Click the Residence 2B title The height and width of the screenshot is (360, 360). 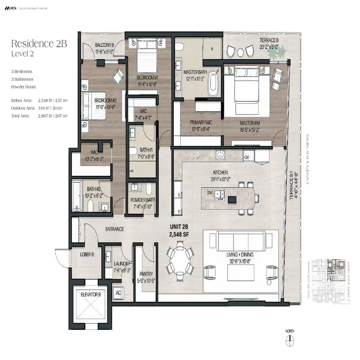(39, 44)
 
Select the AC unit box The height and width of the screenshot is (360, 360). (119, 292)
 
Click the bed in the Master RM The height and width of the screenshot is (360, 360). (243, 85)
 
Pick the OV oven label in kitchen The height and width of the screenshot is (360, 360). (247, 157)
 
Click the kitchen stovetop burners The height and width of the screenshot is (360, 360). (221, 155)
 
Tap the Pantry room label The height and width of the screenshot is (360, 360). (146, 277)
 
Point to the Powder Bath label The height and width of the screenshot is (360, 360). (143, 203)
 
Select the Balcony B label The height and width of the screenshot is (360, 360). (104, 47)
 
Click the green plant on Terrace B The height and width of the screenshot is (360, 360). (275, 52)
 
